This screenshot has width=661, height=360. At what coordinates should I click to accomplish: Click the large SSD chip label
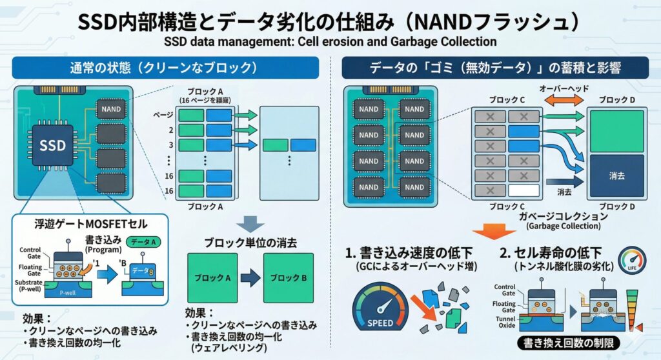(x=53, y=145)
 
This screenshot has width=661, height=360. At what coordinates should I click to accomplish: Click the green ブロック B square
(x=288, y=278)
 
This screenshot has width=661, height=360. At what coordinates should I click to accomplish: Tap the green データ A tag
(x=147, y=241)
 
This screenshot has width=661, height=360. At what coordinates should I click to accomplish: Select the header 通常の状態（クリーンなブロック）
(x=165, y=68)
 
